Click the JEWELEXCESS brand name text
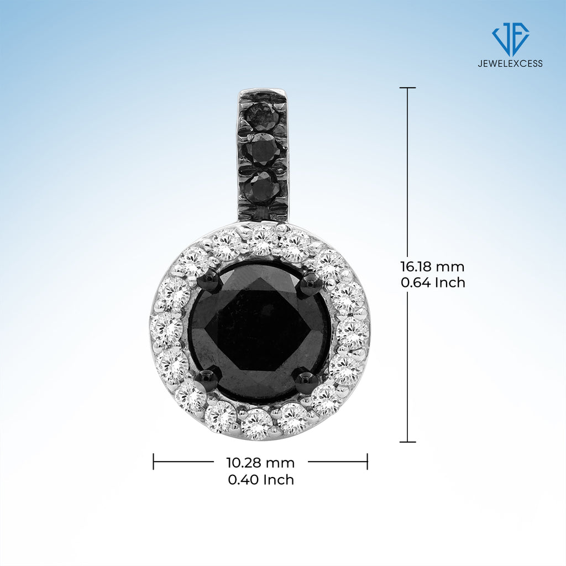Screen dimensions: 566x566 point(510,64)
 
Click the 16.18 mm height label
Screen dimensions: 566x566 point(432,267)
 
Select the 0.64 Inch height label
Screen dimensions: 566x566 point(433,282)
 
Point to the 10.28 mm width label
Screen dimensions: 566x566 point(260,463)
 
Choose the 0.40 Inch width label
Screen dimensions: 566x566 point(261,480)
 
